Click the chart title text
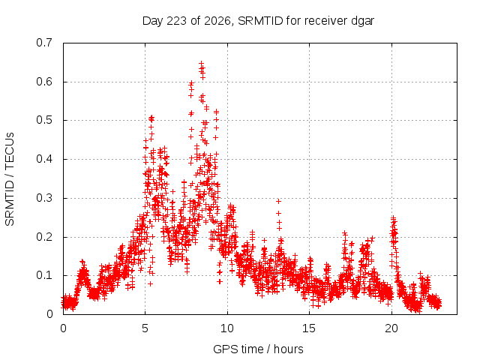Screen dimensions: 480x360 (x=258, y=21)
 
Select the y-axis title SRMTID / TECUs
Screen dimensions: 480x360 (x=10, y=179)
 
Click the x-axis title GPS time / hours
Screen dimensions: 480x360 (x=258, y=349)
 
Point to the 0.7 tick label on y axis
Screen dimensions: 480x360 (x=44, y=43)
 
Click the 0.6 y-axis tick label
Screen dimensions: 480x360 (x=44, y=82)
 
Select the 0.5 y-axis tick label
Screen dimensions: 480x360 (x=44, y=120)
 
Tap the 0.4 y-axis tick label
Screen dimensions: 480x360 (x=44, y=159)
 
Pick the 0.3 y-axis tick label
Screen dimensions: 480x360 (x=44, y=198)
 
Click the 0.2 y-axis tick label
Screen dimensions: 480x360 (x=44, y=237)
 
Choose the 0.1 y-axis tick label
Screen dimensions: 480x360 (x=44, y=275)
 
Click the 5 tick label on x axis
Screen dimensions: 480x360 (x=145, y=328)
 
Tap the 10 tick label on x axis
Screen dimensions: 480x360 (x=227, y=328)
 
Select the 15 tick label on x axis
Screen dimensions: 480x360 (x=309, y=328)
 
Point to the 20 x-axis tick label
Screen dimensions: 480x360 (x=391, y=328)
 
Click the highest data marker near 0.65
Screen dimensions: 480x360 (x=202, y=64)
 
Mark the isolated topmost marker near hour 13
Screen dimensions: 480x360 (x=278, y=202)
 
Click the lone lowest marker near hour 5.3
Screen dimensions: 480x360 (x=150, y=283)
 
